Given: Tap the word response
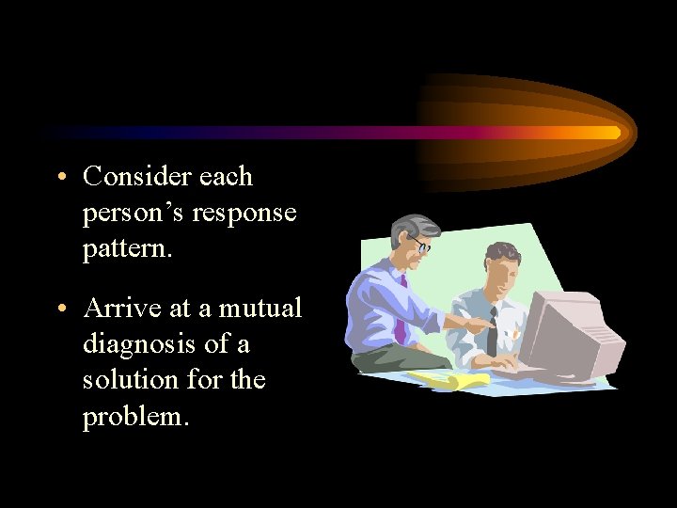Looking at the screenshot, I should click(x=244, y=214).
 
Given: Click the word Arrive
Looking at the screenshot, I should click(x=117, y=309).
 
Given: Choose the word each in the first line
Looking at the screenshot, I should click(x=226, y=177).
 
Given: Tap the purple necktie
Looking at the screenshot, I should click(x=401, y=310).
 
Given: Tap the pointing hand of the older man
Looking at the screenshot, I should click(x=480, y=325).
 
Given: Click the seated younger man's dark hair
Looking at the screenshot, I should click(x=502, y=252).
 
